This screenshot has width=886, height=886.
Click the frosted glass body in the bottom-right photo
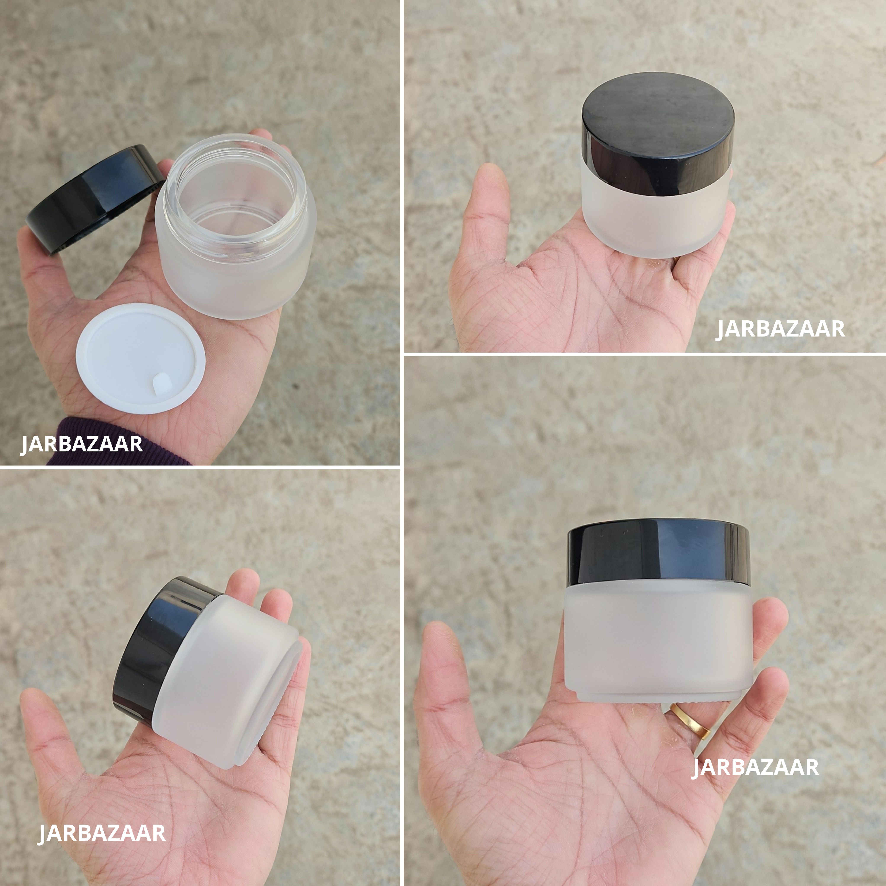pos(658,637)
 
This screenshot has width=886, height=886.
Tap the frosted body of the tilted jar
pos(225,679)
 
